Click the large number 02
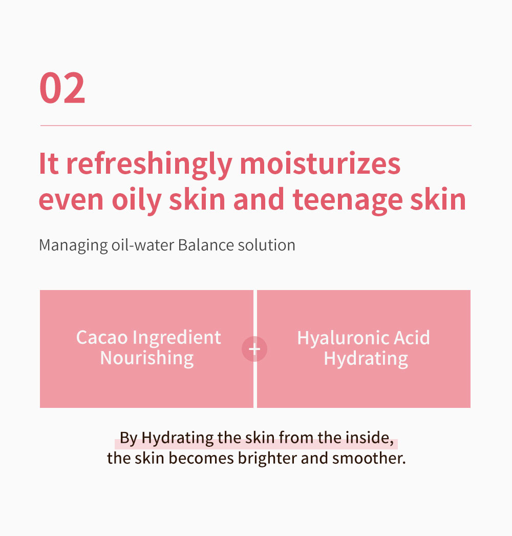pyautogui.click(x=62, y=88)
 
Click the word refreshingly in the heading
pyautogui.click(x=150, y=166)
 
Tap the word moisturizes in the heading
pyautogui.click(x=320, y=163)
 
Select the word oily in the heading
pyautogui.click(x=137, y=201)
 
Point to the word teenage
pyautogui.click(x=348, y=201)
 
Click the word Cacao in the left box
pyautogui.click(x=102, y=338)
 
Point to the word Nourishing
pyautogui.click(x=147, y=359)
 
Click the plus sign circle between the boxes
pyautogui.click(x=254, y=349)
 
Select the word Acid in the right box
pyautogui.click(x=412, y=338)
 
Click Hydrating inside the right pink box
pyautogui.click(x=366, y=359)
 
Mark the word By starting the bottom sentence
pyautogui.click(x=129, y=438)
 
